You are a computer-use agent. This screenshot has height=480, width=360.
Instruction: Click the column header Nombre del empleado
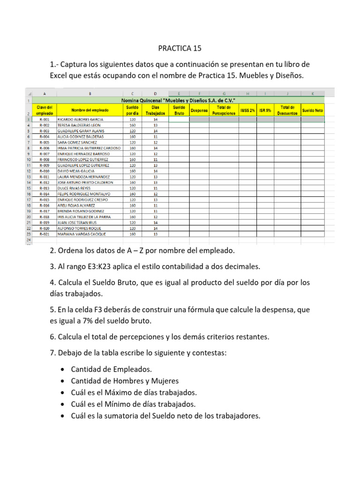tap(83, 110)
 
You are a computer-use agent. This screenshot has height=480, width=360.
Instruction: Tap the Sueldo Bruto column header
tap(179, 110)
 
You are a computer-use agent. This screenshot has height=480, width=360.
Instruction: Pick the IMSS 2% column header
tap(247, 111)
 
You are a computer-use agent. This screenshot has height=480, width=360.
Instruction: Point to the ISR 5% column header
tap(265, 111)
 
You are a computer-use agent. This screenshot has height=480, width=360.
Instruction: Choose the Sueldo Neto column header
tap(313, 111)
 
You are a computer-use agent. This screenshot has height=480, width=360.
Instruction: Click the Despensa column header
tap(199, 111)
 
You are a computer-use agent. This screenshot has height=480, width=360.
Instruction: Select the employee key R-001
tap(45, 120)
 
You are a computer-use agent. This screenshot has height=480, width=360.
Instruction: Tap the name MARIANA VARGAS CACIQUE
tap(82, 234)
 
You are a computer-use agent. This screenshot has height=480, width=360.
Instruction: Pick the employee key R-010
tap(45, 171)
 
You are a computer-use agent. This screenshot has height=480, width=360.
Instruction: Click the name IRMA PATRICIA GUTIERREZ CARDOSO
tap(89, 148)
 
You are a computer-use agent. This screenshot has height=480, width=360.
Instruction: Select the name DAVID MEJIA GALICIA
tap(76, 171)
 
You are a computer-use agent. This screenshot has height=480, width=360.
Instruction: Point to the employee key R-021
tap(45, 234)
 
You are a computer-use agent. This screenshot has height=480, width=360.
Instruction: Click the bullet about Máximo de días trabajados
tap(134, 392)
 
